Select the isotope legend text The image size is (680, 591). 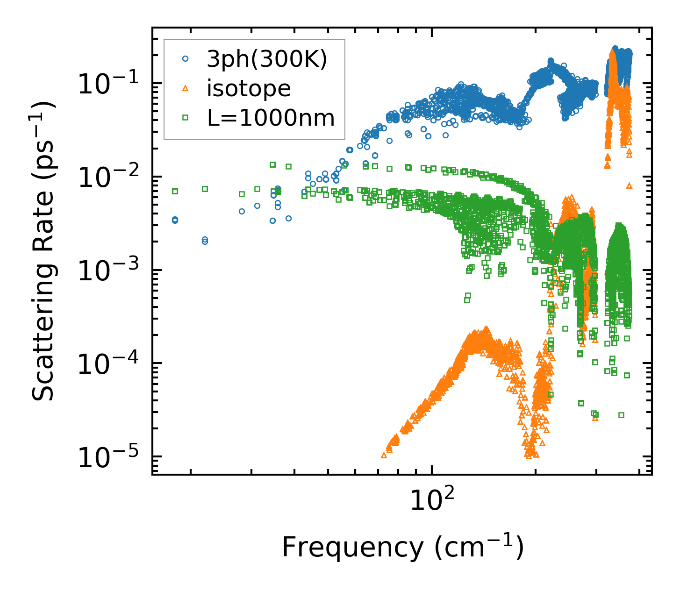click(x=249, y=88)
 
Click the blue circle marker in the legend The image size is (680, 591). click(x=186, y=59)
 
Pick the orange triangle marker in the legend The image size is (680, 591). click(x=186, y=88)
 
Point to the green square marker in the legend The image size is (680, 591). click(x=186, y=118)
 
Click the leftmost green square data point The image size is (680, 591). click(x=175, y=191)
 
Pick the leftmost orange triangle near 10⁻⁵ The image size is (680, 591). click(x=384, y=455)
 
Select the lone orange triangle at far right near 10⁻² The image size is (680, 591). click(x=629, y=185)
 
